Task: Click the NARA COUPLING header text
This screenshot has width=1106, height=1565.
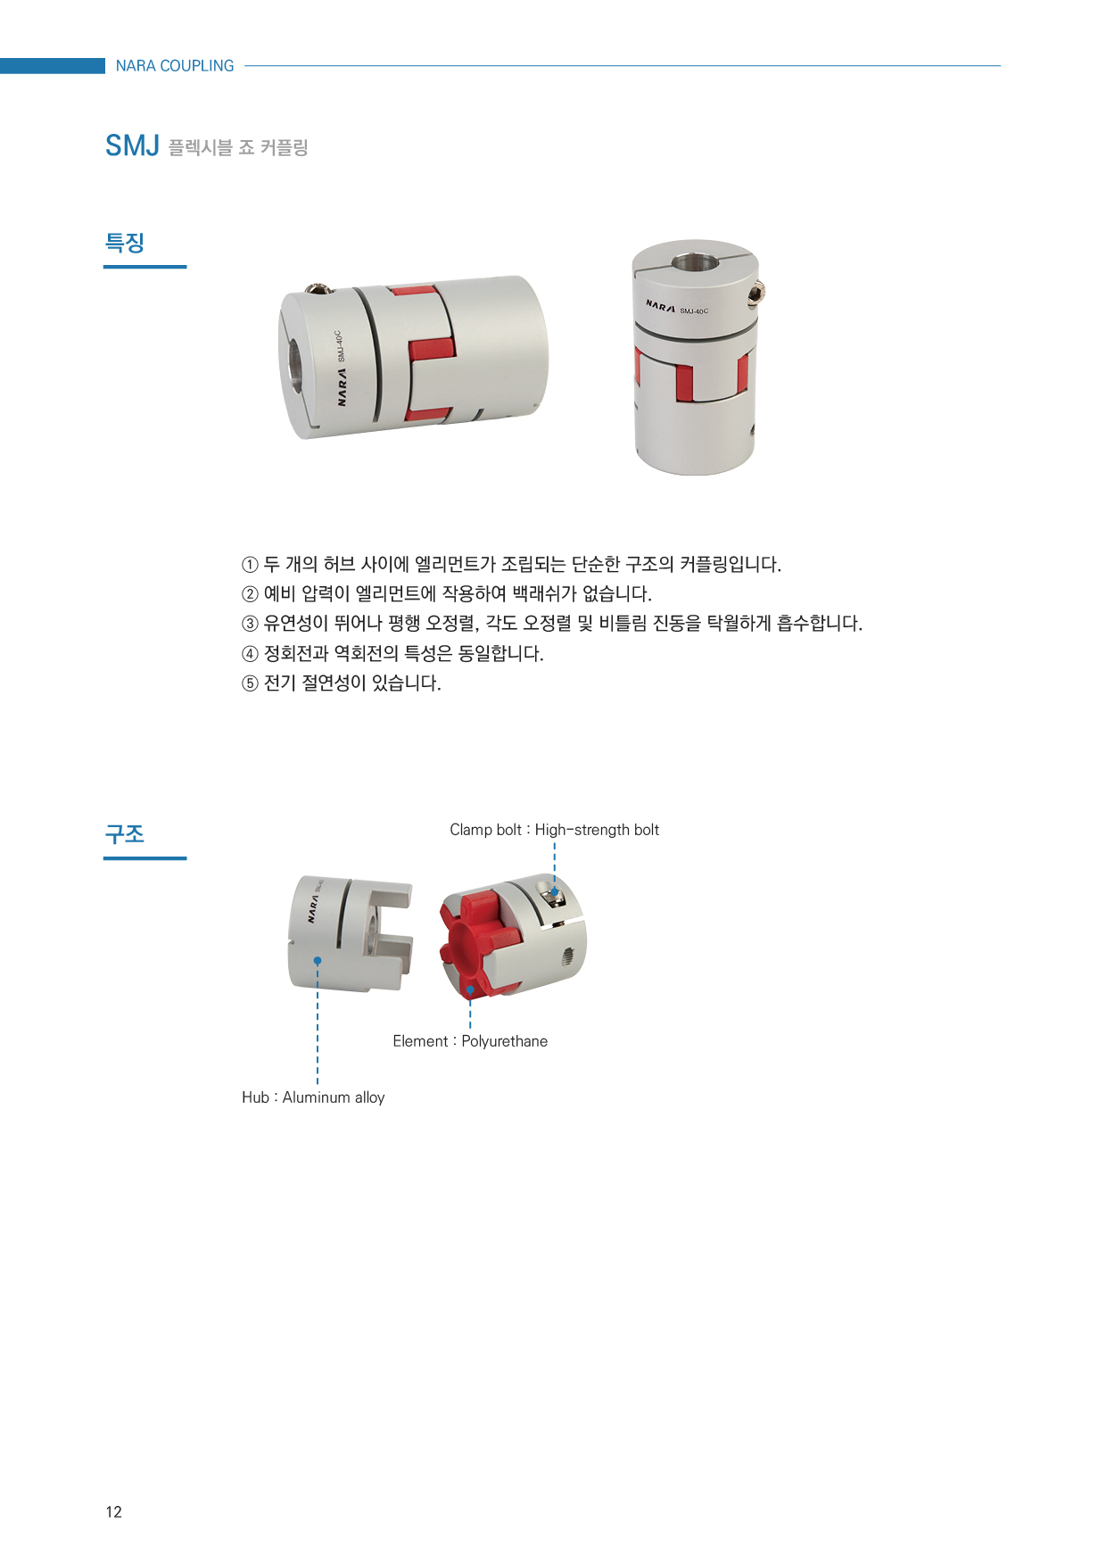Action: [x=175, y=66]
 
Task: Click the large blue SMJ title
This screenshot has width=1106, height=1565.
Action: [x=132, y=145]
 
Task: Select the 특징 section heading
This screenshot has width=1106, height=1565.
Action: [x=125, y=243]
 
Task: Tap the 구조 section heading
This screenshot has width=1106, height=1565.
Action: [x=125, y=834]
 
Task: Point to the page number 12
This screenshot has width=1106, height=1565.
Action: [x=113, y=1511]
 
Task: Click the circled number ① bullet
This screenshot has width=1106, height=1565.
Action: [x=250, y=565]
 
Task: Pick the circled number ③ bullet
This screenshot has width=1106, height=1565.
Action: [x=250, y=625]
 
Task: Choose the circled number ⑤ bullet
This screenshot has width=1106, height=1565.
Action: [x=250, y=683]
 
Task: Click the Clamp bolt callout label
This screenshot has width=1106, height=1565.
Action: [x=554, y=830]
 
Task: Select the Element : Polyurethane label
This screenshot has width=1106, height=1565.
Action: [x=470, y=1041]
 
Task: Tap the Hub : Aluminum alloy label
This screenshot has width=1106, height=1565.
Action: [x=313, y=1097]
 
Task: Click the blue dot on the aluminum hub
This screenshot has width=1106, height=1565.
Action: [x=317, y=960]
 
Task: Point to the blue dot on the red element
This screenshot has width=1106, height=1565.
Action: [x=470, y=990]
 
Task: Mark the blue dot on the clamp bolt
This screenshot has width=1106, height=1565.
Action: [x=554, y=891]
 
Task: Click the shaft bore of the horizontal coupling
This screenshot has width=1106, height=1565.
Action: [x=294, y=365]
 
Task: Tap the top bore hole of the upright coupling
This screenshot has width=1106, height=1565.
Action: [x=693, y=262]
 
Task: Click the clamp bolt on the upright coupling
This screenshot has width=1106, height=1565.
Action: [x=758, y=293]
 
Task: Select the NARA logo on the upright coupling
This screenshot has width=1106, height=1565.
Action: [x=660, y=306]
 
